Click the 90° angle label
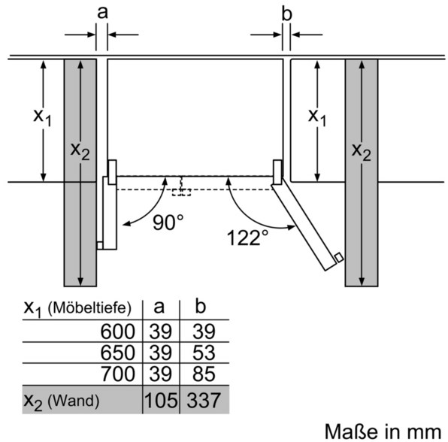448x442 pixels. (168, 223)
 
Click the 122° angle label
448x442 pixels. (247, 238)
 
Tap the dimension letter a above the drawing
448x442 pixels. (102, 13)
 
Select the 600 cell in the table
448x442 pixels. (117, 331)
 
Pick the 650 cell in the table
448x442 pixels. (117, 353)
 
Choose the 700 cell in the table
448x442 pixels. (118, 374)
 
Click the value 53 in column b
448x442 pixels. (204, 353)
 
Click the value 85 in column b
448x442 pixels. (204, 374)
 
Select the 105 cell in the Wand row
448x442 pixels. (161, 400)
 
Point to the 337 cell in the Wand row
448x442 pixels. (204, 400)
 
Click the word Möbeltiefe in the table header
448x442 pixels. (89, 307)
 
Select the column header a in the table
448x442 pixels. (159, 307)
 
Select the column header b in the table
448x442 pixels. (200, 306)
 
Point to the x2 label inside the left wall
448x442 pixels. (80, 150)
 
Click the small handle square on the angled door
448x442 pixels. (338, 257)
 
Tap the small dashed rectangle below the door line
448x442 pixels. (181, 192)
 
